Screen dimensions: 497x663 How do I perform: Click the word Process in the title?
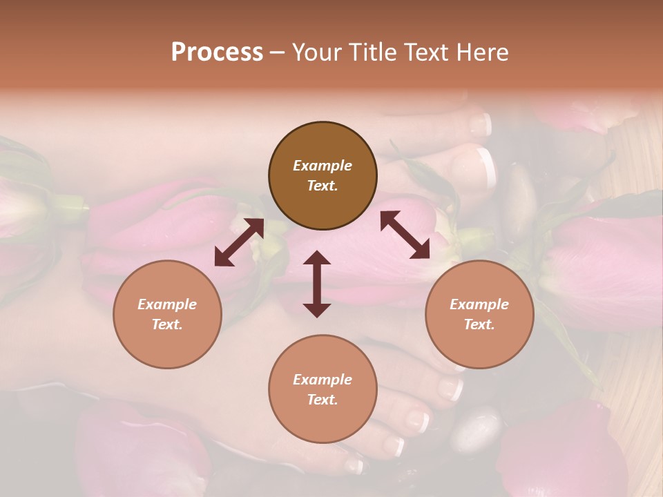[217, 52]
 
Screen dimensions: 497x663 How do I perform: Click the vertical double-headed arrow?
[317, 284]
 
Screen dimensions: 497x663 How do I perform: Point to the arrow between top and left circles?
[239, 242]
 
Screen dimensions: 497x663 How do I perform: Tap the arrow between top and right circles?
[405, 235]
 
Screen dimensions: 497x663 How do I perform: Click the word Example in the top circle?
[323, 166]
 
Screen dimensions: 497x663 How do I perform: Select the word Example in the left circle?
[167, 304]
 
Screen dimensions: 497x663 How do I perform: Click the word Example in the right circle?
[479, 304]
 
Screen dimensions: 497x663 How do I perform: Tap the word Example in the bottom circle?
[323, 380]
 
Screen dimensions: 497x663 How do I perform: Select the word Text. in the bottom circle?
[323, 400]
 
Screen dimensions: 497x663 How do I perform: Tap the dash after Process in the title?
[278, 52]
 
